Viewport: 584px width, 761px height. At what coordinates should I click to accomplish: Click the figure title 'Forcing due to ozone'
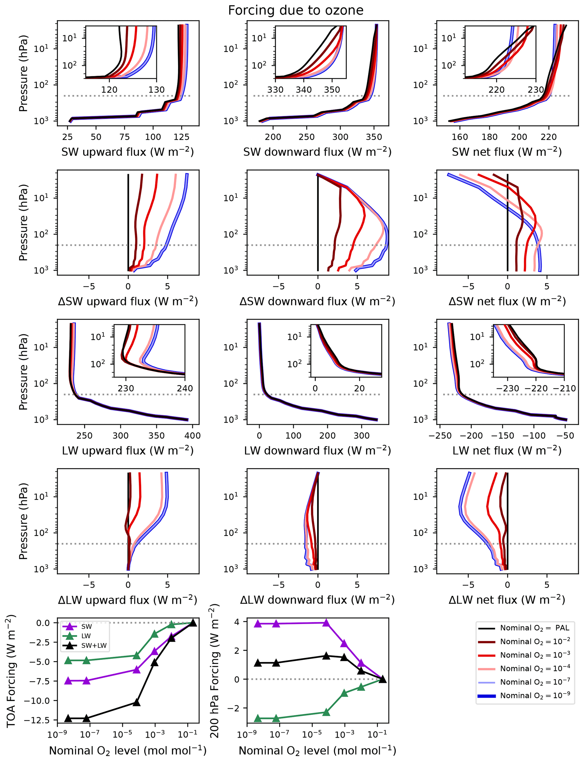296,10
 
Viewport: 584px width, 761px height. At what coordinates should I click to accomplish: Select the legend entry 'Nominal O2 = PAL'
534,628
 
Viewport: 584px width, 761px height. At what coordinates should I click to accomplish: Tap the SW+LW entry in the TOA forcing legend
94,646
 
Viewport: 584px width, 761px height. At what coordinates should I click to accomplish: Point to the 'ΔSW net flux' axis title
507,301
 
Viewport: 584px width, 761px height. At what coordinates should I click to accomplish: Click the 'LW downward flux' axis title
317,450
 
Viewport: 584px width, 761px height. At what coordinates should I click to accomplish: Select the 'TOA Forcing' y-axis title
11,671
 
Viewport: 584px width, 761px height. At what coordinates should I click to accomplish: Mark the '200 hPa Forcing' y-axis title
214,671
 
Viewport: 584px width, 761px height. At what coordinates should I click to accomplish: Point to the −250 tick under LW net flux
440,435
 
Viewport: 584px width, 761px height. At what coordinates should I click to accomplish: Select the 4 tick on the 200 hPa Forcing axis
237,622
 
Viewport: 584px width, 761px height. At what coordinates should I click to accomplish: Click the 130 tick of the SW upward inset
157,90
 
